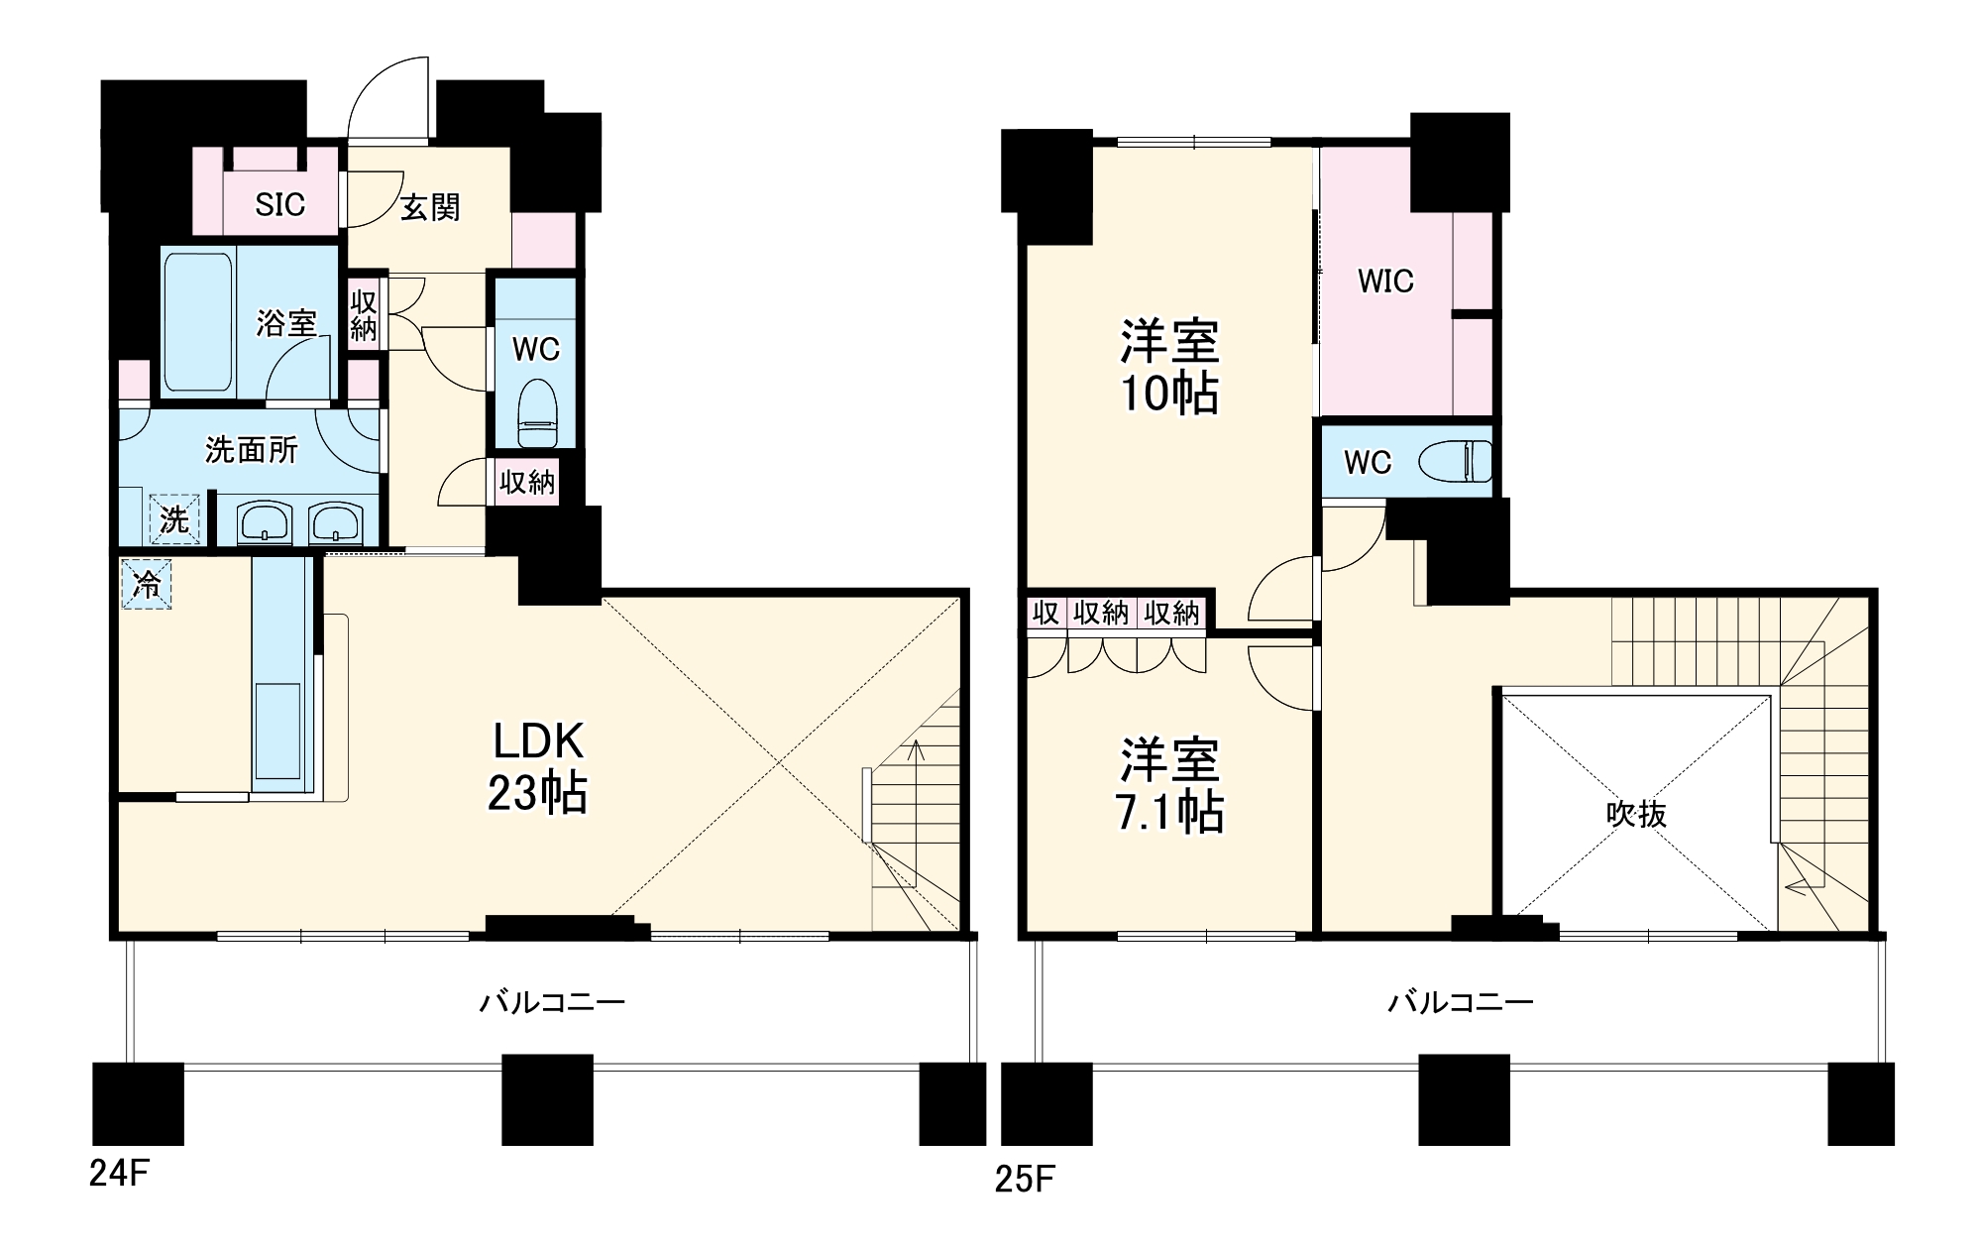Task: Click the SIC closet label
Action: pos(280,205)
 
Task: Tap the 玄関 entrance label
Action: pos(430,207)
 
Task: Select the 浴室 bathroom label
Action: pos(286,323)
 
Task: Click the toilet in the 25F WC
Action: pos(1455,462)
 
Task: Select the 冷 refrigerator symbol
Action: pos(147,585)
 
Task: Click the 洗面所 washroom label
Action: pos(252,450)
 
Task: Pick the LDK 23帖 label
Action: pos(537,767)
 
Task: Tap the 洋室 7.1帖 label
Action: pos(1169,786)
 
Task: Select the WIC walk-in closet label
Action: pos(1385,282)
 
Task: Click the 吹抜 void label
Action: pos(1636,814)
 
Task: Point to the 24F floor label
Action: pos(119,1174)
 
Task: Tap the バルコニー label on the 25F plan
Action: pos(1460,1002)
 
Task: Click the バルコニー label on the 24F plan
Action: pos(552,1002)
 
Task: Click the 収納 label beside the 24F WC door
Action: pos(527,483)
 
